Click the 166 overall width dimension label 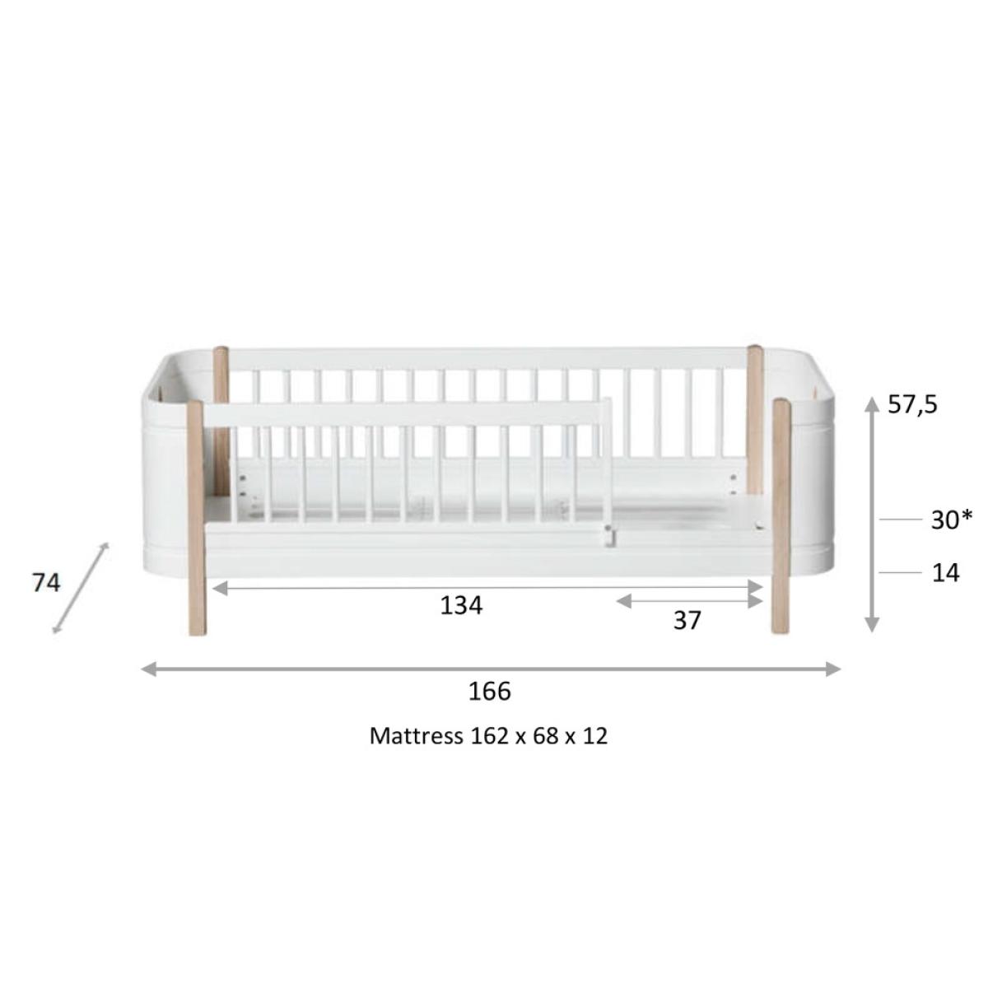[x=489, y=691]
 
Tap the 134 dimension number [x=461, y=605]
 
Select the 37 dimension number [x=687, y=621]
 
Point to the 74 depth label [x=46, y=583]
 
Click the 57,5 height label [x=912, y=404]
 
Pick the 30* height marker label [x=951, y=520]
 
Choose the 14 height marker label [x=945, y=573]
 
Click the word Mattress [x=417, y=736]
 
